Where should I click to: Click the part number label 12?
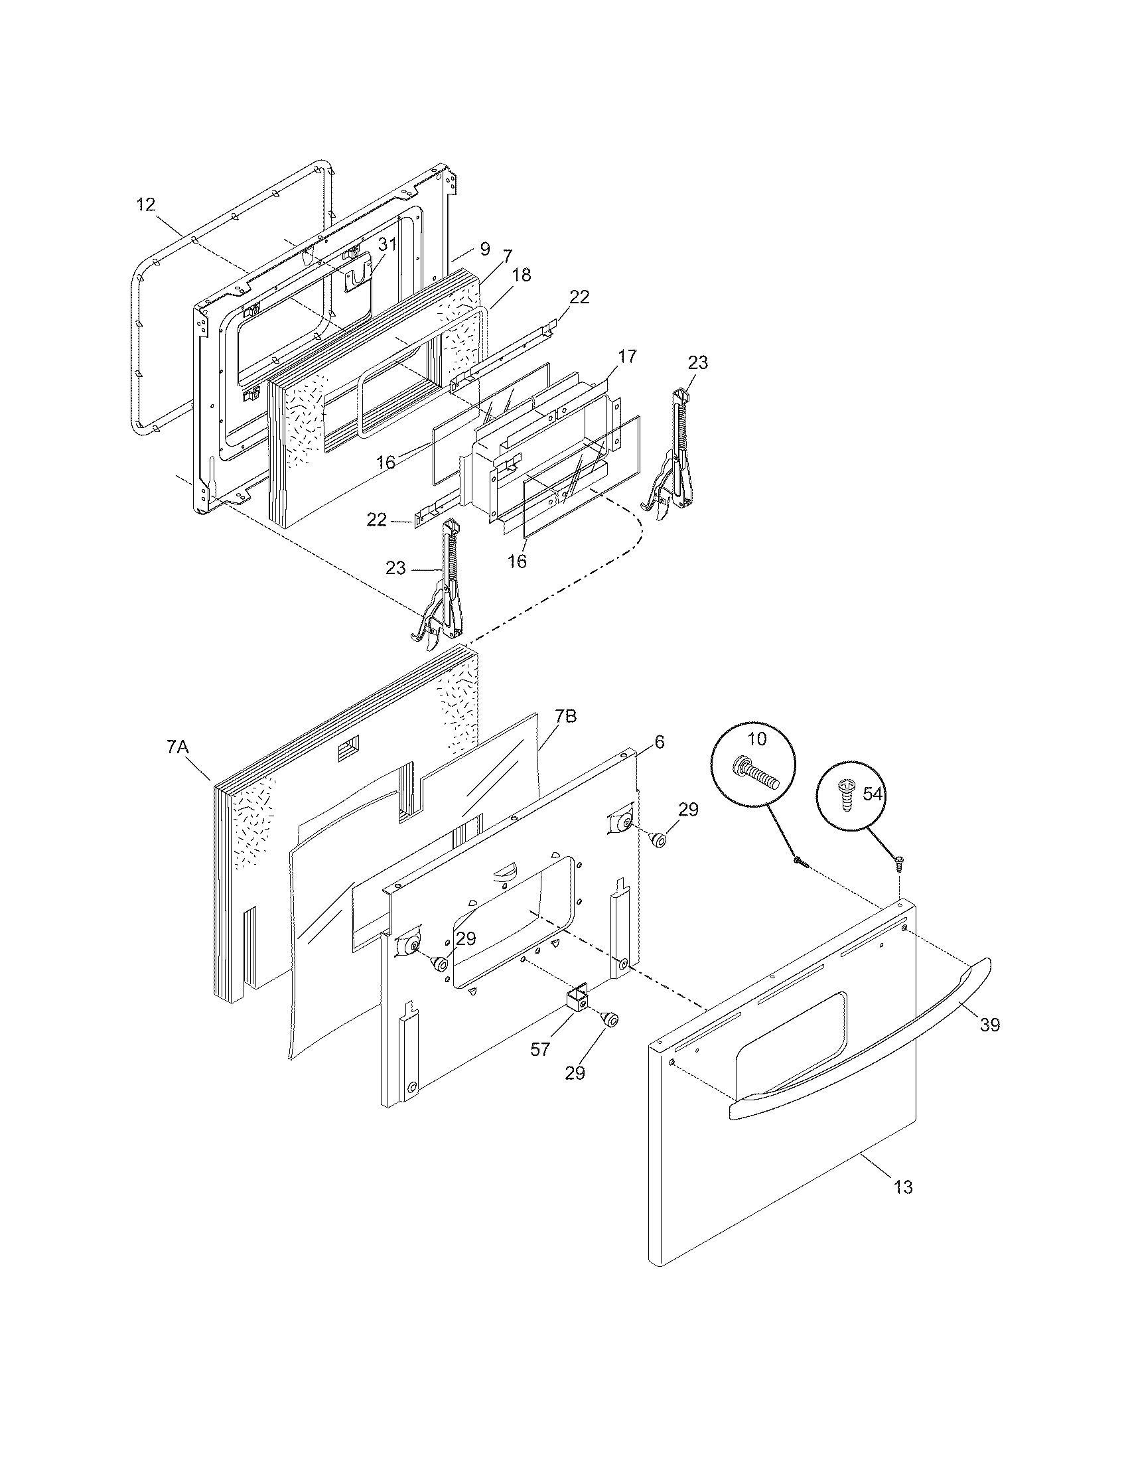click(146, 204)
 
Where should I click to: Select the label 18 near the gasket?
click(522, 275)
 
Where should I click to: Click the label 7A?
click(178, 747)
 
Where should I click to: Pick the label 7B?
click(565, 717)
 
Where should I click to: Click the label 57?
click(540, 1049)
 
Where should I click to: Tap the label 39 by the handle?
click(990, 1025)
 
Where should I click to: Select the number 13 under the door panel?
click(902, 1187)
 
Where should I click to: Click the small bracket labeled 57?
click(577, 1018)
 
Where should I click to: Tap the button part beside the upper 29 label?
click(658, 838)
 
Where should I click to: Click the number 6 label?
click(659, 743)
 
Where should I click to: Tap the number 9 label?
click(485, 250)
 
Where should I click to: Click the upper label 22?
click(579, 297)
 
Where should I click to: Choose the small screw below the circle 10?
click(801, 863)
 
